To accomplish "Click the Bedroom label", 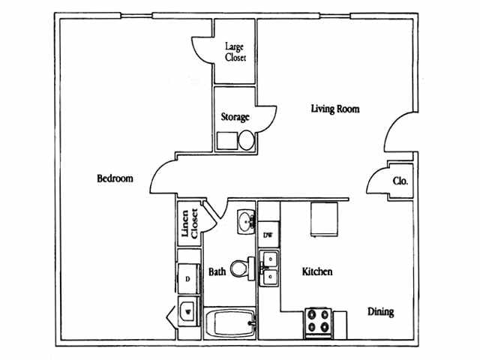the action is [x=115, y=178].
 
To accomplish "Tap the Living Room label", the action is [x=335, y=109].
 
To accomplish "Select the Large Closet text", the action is [x=235, y=52].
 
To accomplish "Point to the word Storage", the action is [x=235, y=117].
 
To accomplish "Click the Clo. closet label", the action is [x=400, y=181].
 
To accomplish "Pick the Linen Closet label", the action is [x=190, y=223].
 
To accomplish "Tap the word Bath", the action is [x=217, y=271].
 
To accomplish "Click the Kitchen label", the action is [x=317, y=271].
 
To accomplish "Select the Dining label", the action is [x=381, y=312].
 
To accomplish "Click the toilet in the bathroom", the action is [x=242, y=268].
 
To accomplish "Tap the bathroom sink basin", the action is [x=247, y=222].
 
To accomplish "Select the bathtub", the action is [x=230, y=323].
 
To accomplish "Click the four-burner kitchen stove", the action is [x=318, y=323].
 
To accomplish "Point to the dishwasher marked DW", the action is [x=268, y=235].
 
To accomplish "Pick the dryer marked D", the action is [x=188, y=279].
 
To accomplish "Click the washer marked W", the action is [x=188, y=312].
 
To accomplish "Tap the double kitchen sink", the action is [x=269, y=268].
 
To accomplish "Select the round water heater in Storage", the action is [x=247, y=140].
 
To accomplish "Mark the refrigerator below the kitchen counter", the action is [x=324, y=219].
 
